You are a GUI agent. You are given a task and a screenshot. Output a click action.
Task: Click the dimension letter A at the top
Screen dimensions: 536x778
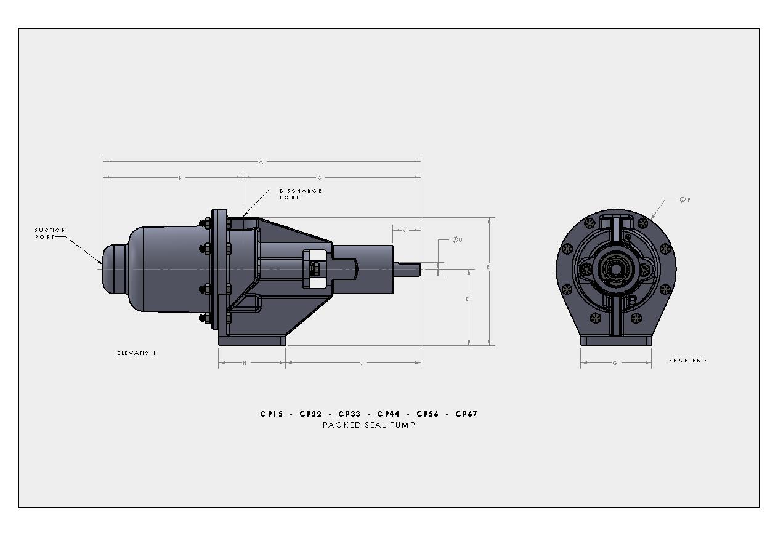click(261, 162)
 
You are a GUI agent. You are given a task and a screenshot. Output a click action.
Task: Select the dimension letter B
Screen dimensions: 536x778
click(180, 178)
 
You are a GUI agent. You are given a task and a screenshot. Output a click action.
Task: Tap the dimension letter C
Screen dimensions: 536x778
click(319, 178)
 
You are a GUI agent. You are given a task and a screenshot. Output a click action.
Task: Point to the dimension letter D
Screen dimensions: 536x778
click(468, 299)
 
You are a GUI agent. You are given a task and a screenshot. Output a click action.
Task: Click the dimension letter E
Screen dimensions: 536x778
click(488, 268)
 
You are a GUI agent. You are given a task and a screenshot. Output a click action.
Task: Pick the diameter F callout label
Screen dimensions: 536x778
click(684, 199)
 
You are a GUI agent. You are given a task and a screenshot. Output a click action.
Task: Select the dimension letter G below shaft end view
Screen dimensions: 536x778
click(615, 363)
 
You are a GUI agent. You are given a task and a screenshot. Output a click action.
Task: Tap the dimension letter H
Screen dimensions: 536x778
click(245, 363)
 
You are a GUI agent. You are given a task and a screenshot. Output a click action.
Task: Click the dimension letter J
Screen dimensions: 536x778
click(362, 363)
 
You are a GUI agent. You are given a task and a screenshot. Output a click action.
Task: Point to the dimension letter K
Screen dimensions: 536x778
click(404, 231)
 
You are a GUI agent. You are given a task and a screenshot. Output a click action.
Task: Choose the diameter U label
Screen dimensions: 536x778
click(456, 239)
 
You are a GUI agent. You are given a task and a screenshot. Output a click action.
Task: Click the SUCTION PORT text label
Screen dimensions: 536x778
click(50, 233)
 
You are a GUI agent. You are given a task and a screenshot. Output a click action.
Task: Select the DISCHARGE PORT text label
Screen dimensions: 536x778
click(301, 194)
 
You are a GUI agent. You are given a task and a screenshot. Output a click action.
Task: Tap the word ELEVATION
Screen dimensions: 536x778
click(136, 353)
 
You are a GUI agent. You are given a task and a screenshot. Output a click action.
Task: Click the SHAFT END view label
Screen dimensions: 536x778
click(687, 361)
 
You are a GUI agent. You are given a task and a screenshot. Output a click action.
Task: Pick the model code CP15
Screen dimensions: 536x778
click(272, 414)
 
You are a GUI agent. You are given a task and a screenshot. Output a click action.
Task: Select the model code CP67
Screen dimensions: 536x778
click(466, 414)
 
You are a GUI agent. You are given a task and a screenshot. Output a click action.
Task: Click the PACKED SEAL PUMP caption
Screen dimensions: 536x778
click(369, 425)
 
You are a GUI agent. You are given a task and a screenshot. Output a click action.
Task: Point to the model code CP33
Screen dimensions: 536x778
click(349, 414)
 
